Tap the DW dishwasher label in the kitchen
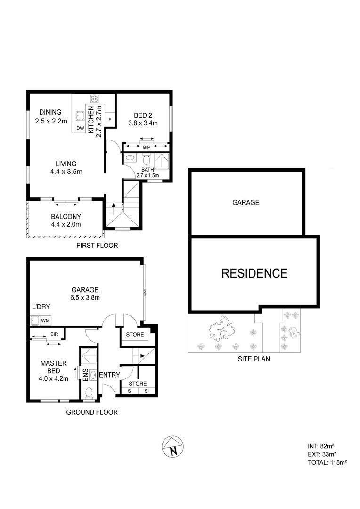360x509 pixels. pyautogui.click(x=80, y=128)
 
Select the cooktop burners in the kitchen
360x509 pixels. pyautogui.click(x=94, y=99)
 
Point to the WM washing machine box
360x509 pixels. pyautogui.click(x=45, y=321)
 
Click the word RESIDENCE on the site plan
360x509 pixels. pyautogui.click(x=254, y=273)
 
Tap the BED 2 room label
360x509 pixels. pyautogui.click(x=143, y=115)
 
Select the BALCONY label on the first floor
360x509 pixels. pyautogui.click(x=65, y=217)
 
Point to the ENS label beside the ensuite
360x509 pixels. pyautogui.click(x=85, y=376)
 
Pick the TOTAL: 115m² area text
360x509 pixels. pyautogui.click(x=327, y=463)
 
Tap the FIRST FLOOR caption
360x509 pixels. pyautogui.click(x=97, y=246)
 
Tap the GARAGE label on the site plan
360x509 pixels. pyautogui.click(x=245, y=203)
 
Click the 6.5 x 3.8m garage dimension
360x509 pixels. pyautogui.click(x=85, y=297)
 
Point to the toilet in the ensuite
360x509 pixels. pyautogui.click(x=90, y=392)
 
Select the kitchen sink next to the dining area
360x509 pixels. pyautogui.click(x=80, y=116)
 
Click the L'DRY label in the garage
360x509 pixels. pyautogui.click(x=41, y=307)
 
